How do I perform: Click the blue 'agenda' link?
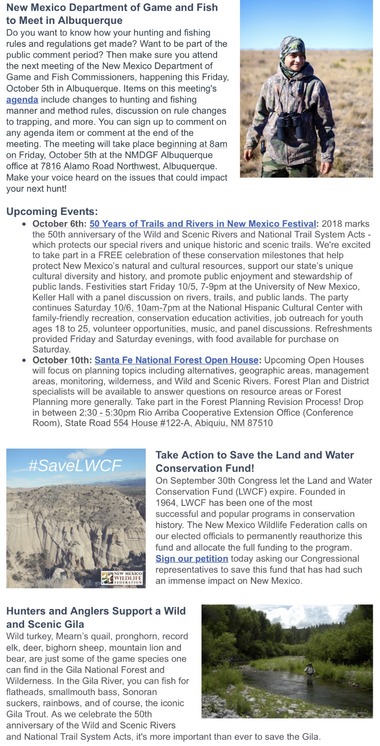click(22, 100)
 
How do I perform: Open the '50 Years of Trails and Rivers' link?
click(203, 224)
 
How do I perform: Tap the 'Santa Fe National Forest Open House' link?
click(176, 360)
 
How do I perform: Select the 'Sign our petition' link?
click(192, 559)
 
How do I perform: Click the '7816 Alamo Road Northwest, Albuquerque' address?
click(128, 166)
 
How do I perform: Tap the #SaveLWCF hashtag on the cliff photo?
click(75, 465)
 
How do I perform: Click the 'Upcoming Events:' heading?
click(52, 212)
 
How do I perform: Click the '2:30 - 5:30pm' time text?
click(107, 412)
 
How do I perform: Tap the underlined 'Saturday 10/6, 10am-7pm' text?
click(127, 308)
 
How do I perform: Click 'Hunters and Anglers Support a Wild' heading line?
click(96, 611)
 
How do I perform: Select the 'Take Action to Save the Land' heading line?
click(255, 455)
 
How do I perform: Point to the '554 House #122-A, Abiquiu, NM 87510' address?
click(193, 423)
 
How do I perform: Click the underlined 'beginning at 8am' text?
click(192, 144)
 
